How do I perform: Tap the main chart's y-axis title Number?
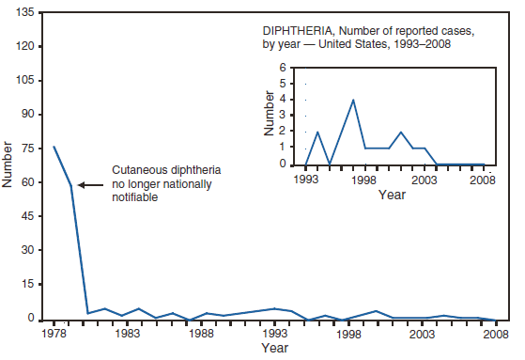tap(9, 165)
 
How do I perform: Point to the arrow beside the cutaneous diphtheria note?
tap(90, 184)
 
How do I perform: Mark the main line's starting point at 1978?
tap(54, 147)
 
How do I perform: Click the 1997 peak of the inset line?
tap(353, 100)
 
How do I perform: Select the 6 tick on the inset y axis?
tap(283, 69)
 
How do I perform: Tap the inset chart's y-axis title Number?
tap(270, 117)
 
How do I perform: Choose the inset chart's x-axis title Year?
tap(392, 195)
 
